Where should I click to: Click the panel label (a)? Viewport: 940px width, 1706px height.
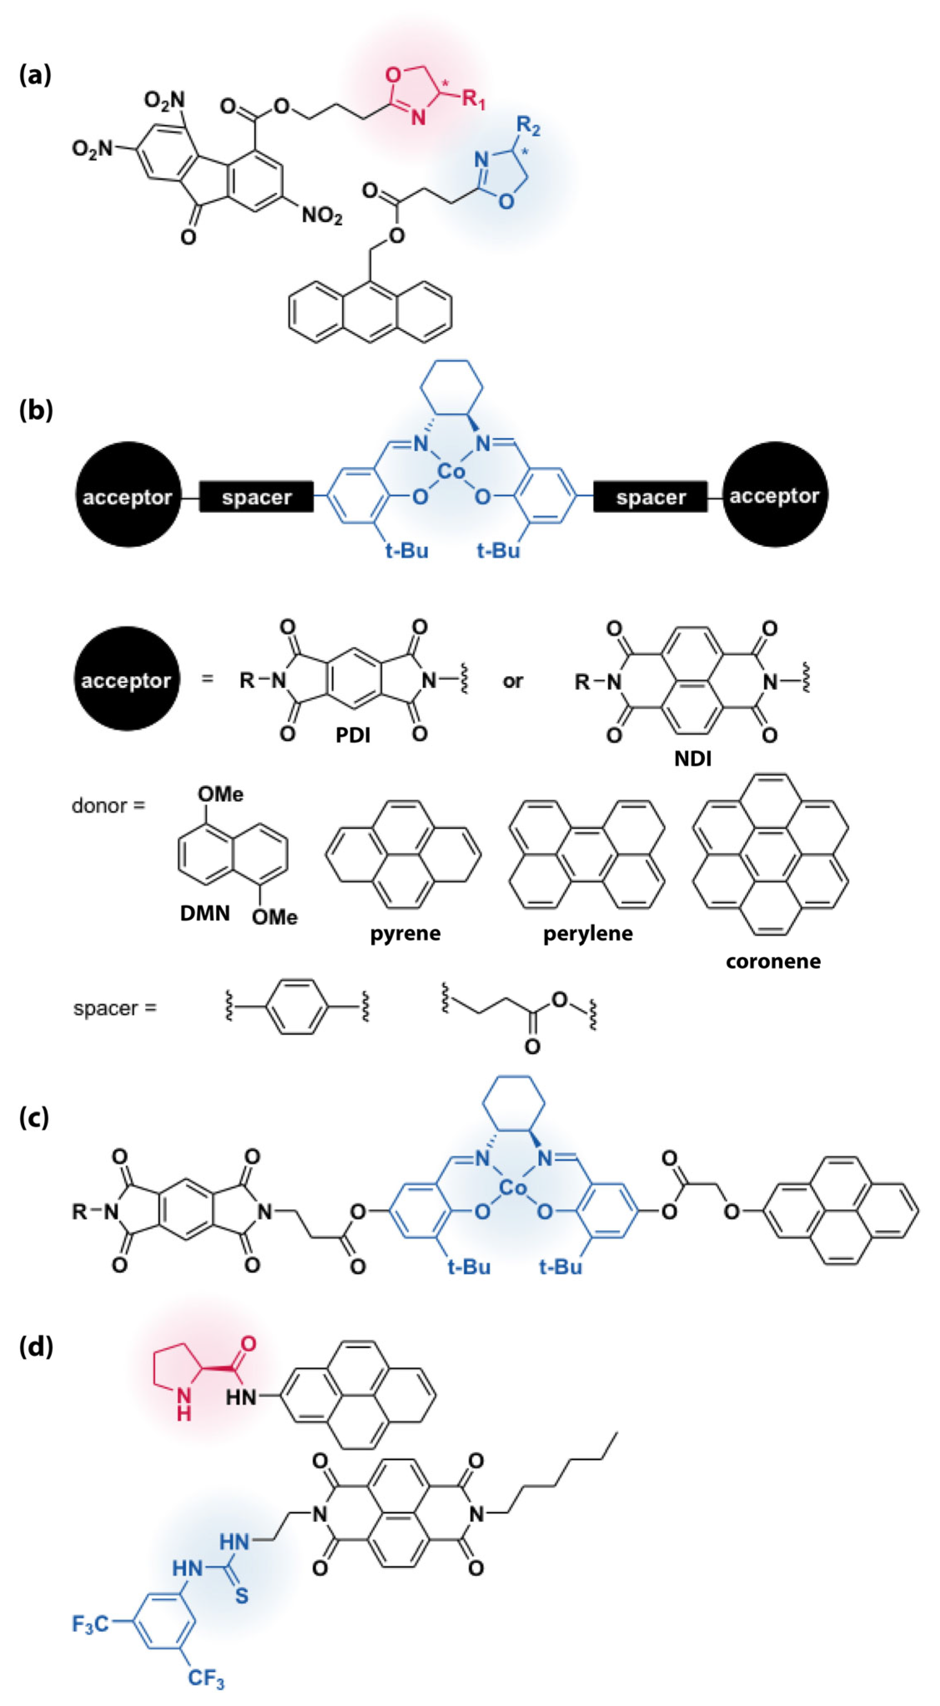35,75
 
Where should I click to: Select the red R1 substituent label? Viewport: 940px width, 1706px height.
474,100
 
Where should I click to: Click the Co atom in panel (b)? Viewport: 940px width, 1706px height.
452,472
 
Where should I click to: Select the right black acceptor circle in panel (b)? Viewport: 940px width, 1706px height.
775,495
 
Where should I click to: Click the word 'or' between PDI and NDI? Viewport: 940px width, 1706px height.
513,681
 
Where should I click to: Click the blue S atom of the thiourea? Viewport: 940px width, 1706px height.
242,1596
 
